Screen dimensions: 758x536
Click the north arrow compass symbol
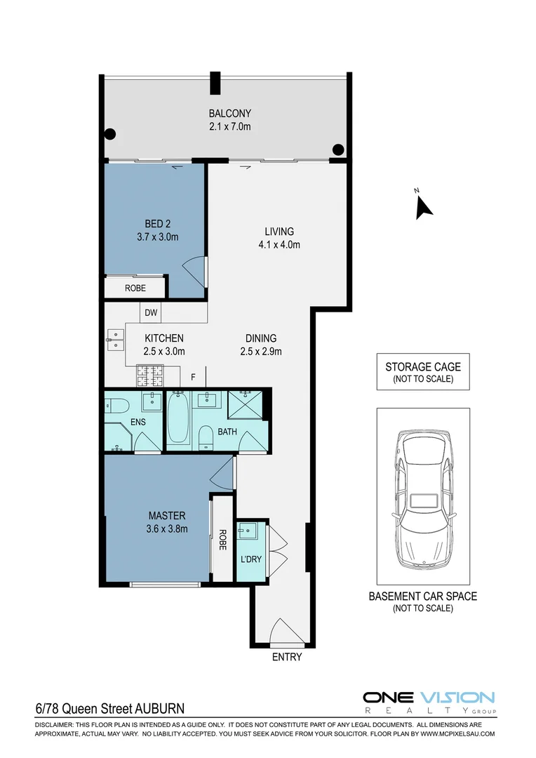pyautogui.click(x=423, y=206)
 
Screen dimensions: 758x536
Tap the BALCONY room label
pyautogui.click(x=229, y=113)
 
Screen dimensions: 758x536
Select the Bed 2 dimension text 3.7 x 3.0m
pyautogui.click(x=157, y=237)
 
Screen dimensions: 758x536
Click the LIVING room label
pyautogui.click(x=279, y=232)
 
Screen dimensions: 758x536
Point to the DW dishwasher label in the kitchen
pyautogui.click(x=151, y=312)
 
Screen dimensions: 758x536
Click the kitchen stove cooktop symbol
pyautogui.click(x=149, y=377)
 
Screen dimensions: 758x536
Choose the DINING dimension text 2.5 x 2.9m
pyautogui.click(x=260, y=351)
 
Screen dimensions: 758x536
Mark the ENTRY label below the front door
pyautogui.click(x=286, y=657)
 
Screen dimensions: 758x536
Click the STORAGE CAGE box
pyautogui.click(x=422, y=371)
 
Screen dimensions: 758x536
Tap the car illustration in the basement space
pyautogui.click(x=422, y=498)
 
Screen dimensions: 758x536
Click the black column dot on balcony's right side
pyautogui.click(x=338, y=149)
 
